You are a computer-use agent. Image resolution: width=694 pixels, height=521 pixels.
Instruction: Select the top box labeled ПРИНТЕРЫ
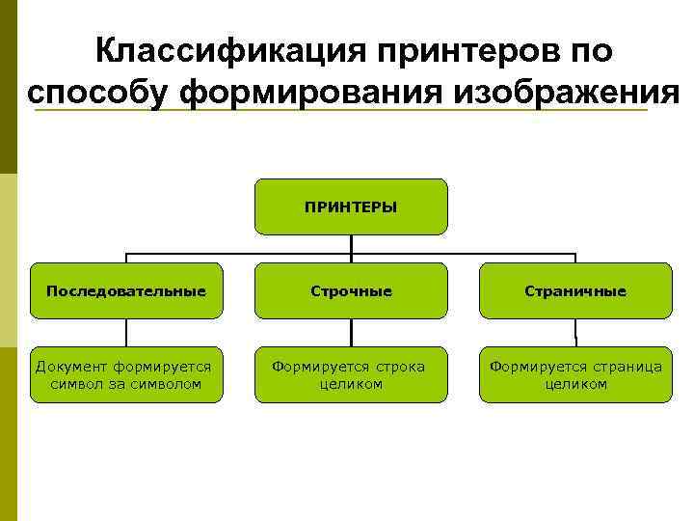[x=351, y=206]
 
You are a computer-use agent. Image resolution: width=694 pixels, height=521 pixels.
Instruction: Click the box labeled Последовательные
[x=126, y=290]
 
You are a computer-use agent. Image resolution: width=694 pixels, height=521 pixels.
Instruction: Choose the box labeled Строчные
[x=351, y=290]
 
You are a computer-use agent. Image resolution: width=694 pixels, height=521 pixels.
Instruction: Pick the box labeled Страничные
[x=575, y=290]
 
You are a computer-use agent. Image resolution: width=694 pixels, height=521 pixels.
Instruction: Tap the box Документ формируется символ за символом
[x=126, y=374]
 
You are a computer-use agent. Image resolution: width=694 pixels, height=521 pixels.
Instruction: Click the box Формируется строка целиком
[x=351, y=374]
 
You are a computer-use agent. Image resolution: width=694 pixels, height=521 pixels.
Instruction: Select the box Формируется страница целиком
[x=575, y=374]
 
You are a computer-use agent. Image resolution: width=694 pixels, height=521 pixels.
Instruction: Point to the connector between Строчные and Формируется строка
[x=351, y=332]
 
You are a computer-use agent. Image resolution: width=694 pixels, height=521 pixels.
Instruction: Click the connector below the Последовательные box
[x=126, y=332]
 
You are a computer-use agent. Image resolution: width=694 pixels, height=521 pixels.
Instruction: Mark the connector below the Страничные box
[x=575, y=332]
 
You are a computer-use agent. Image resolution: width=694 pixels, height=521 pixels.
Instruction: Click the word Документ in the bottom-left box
[x=71, y=367]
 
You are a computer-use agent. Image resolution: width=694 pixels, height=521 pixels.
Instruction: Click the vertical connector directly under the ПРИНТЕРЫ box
[x=351, y=244]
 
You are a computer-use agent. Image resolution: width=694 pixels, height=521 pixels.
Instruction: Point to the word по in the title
[x=589, y=51]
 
